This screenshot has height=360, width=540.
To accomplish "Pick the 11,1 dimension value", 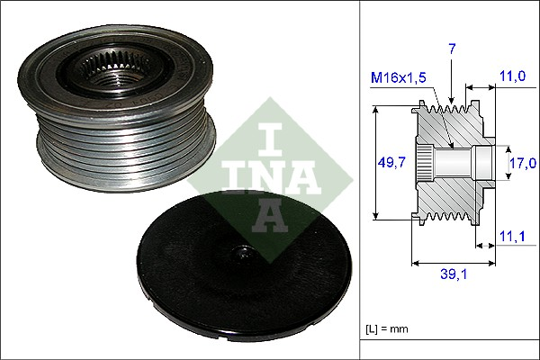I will coord(512,237).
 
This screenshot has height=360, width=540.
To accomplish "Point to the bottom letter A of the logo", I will coord(270,216).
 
